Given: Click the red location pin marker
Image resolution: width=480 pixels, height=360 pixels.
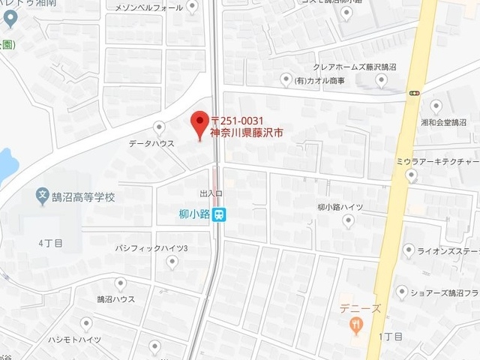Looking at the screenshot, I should pos(199,124).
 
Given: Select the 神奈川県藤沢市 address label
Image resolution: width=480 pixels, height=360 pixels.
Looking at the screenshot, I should pos(246,135).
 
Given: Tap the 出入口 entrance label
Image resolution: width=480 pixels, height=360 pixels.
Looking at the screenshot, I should pos(212,193).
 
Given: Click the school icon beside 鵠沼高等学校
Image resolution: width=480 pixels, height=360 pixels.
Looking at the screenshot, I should pos(43,197).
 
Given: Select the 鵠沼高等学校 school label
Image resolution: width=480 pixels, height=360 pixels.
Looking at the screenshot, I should pos(83,198).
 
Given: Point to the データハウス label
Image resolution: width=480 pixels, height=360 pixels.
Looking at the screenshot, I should pos(151,143).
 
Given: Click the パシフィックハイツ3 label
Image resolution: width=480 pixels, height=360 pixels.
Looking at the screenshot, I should pos(151,247).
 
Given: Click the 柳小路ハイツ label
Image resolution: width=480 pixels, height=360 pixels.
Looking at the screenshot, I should pos(340,206).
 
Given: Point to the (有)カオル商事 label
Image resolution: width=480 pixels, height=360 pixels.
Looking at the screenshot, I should pos(319,80).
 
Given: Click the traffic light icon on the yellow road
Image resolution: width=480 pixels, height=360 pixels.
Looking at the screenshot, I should pos(415,93).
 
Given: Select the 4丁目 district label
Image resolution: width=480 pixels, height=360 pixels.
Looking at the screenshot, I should pos(50,243).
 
